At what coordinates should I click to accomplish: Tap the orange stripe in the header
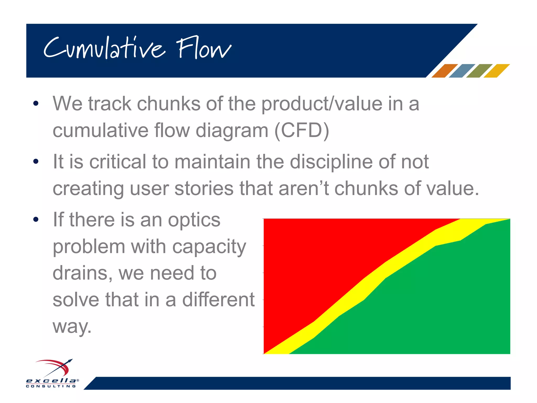click(444, 71)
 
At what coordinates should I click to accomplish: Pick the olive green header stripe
click(479, 71)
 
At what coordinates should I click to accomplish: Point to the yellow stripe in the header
click(496, 71)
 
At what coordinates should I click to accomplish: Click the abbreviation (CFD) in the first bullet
click(302, 130)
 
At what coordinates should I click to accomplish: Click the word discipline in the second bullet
click(331, 162)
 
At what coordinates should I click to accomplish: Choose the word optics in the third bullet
click(194, 220)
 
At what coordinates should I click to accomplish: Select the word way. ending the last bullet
click(72, 327)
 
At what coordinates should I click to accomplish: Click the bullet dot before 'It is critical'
click(36, 161)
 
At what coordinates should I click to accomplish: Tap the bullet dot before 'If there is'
click(36, 219)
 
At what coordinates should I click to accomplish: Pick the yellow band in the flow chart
click(372, 278)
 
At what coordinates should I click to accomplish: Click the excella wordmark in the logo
click(51, 380)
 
